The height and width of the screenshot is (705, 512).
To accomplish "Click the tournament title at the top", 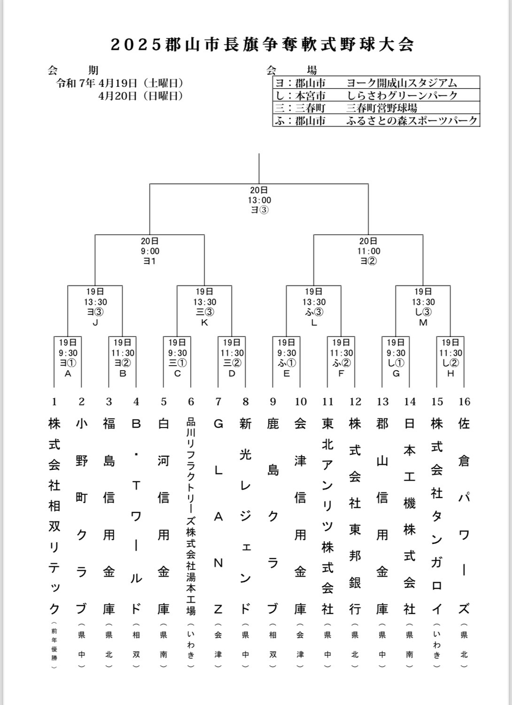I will pos(262,45).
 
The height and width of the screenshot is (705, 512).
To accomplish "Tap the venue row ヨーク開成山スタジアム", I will pos(376,83).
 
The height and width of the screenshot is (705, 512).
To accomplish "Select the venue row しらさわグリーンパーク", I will pos(376,96).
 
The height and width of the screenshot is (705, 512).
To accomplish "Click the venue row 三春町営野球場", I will pos(376,108).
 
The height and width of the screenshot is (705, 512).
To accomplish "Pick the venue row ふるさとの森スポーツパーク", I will pos(376,121).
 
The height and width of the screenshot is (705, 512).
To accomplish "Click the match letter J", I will pos(95,322).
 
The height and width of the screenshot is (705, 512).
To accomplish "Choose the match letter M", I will pos(423,322).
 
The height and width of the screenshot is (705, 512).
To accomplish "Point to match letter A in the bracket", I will pos(68,374).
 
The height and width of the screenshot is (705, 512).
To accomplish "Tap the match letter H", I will pos(450,374).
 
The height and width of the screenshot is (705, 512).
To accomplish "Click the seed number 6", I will pos(191,402).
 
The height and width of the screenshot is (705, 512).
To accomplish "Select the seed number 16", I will pos(464,402).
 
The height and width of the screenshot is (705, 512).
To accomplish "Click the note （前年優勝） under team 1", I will pos(54,645).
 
